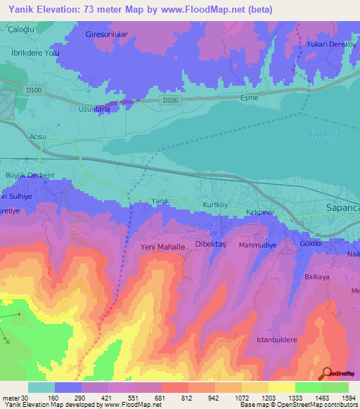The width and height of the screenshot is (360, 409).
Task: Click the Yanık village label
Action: tap(160, 202)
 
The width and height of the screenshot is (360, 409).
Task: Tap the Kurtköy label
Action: tap(217, 203)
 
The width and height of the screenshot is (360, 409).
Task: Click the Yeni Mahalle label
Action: tap(162, 248)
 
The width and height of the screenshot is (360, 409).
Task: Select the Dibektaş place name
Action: tap(210, 247)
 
